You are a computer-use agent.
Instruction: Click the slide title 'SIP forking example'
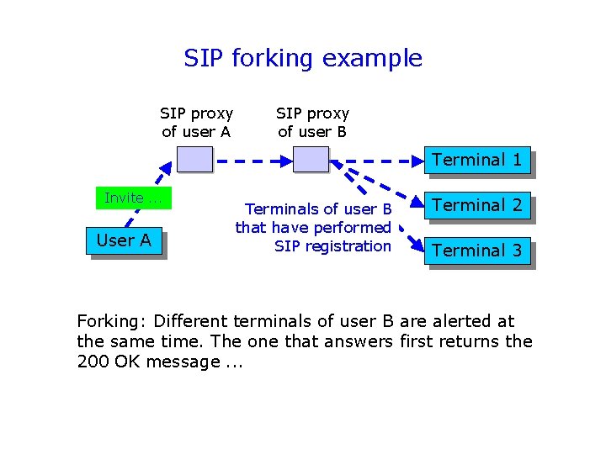point(303,58)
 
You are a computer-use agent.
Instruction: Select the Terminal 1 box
point(477,160)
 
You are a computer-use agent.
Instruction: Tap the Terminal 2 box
point(477,205)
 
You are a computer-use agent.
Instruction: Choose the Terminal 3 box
point(477,251)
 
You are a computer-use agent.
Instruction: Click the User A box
point(124,240)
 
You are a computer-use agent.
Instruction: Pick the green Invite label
point(132,198)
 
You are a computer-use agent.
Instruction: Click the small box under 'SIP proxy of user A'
point(194,159)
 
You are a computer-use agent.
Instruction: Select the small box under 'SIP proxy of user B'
point(310,159)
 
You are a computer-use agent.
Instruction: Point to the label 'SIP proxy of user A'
point(196,122)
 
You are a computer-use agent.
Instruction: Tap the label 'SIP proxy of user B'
point(312,122)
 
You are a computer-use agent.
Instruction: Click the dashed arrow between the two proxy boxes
point(252,159)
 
